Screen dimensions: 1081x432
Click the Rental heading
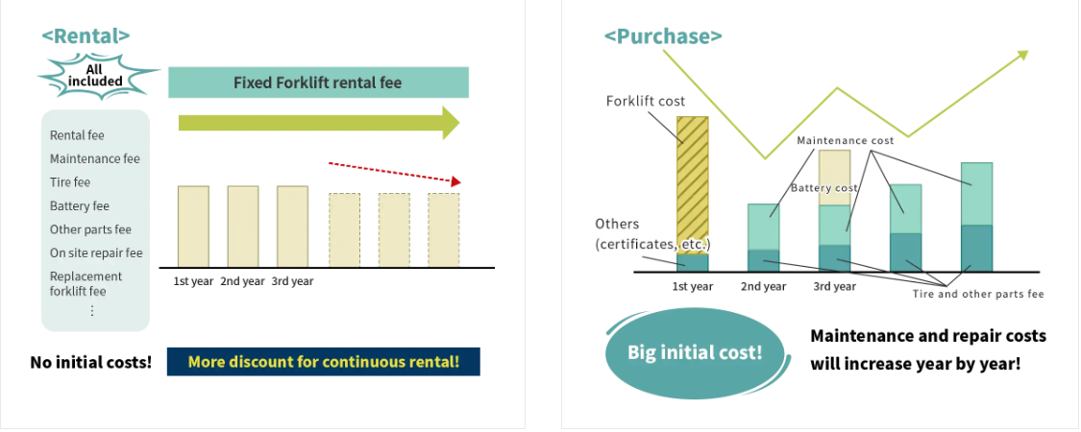pos(86,36)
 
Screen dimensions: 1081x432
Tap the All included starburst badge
pos(95,75)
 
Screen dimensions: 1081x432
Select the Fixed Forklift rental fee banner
pos(318,83)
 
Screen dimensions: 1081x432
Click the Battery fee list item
pos(80,206)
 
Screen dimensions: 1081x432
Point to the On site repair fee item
pos(96,252)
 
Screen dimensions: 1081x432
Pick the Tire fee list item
pos(69,182)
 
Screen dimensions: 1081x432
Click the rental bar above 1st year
pos(194,226)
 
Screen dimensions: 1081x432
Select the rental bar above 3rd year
pos(292,226)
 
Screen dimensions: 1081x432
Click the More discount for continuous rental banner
pos(323,362)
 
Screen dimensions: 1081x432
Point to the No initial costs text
pos(91,362)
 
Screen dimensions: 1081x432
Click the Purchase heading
pos(663,36)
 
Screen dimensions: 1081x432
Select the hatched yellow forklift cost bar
pos(692,185)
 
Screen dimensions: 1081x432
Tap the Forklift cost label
pos(646,102)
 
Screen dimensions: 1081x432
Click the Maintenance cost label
pos(846,140)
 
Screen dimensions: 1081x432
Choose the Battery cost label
pos(824,187)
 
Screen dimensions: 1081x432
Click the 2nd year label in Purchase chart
pos(763,287)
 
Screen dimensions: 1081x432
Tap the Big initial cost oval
pos(695,352)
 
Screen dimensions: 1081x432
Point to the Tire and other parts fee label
pos(978,294)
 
